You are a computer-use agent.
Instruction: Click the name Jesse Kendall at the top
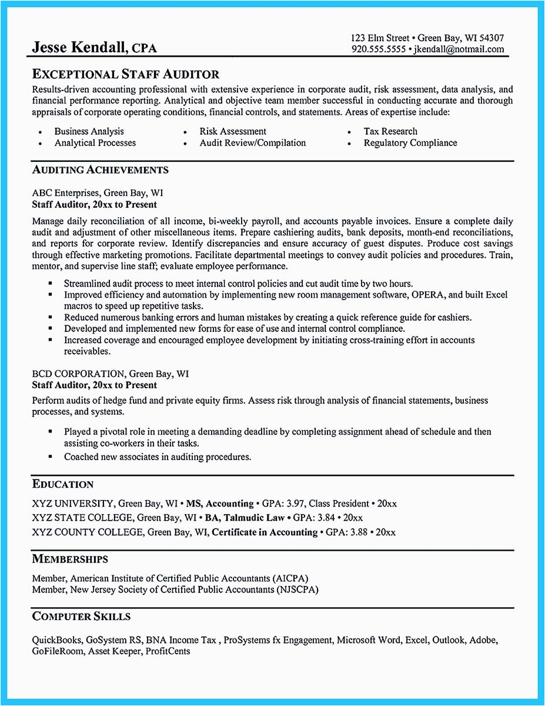79,48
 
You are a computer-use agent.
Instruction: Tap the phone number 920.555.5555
379,49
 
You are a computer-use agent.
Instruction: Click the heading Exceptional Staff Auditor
125,74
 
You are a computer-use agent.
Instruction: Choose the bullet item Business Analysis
89,131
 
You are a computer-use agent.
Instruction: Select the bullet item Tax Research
390,131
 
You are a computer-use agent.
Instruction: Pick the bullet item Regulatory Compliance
410,143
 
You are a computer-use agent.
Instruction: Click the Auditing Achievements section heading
100,170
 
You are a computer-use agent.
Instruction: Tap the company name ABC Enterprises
66,193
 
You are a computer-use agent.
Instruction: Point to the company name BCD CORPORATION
78,374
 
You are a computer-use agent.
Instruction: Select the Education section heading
62,484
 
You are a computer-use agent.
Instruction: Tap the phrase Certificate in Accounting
264,532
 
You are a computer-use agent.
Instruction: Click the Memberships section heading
70,559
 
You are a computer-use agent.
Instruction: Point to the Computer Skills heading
81,617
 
